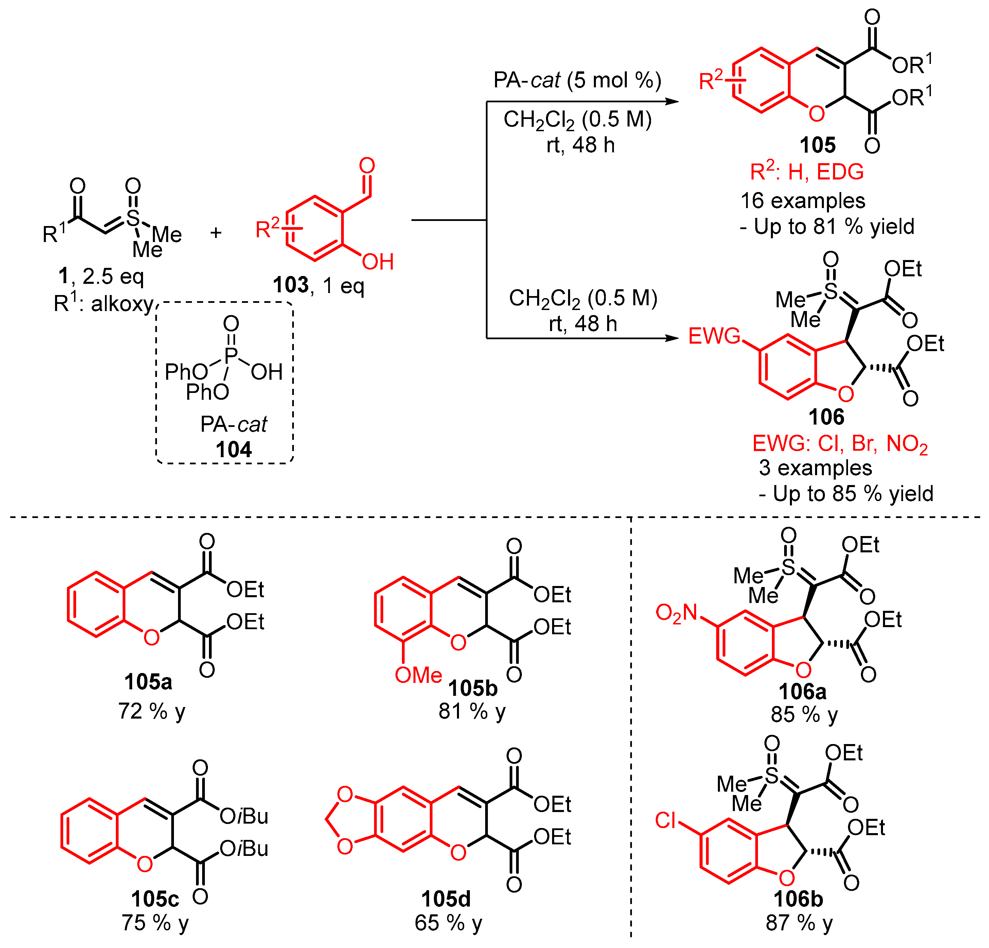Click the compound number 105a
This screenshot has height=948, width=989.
click(148, 682)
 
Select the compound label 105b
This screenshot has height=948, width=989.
click(473, 688)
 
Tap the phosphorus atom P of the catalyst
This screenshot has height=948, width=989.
click(231, 356)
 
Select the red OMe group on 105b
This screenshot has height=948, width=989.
click(418, 675)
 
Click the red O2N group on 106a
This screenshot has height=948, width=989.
click(676, 613)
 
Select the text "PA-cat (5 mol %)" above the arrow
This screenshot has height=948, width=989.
click(577, 80)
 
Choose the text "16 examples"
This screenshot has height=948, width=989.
click(802, 201)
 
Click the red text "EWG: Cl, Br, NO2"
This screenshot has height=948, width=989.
click(840, 444)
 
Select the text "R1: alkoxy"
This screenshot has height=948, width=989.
click(103, 304)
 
